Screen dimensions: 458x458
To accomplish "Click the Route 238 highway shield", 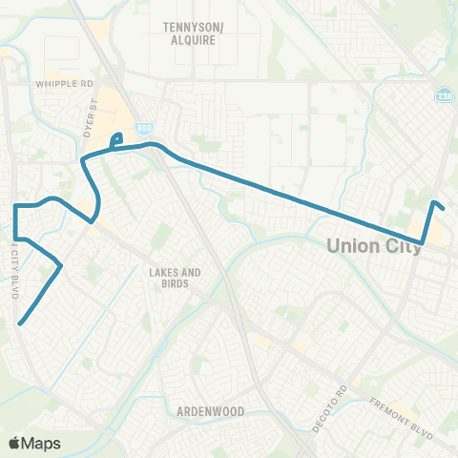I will point(444,95).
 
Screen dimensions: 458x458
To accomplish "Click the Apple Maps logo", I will point(34,443).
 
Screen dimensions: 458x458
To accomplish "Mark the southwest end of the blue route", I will point(19,323).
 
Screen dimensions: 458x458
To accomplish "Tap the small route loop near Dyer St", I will point(116,141).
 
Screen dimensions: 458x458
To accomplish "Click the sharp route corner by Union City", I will point(422,242).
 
